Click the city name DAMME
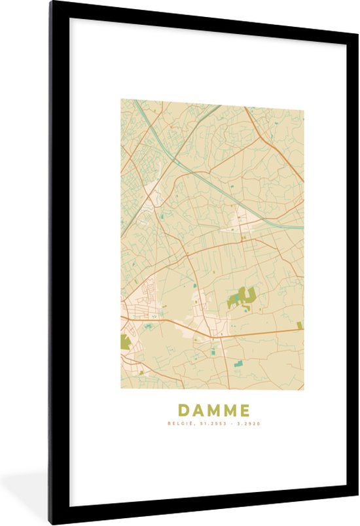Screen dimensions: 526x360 coord(213,410)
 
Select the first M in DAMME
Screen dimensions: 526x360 coord(213,410)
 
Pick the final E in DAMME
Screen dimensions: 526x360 coord(243,410)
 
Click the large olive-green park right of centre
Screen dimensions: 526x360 coord(244,298)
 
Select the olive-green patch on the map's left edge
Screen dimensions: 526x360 coord(126,341)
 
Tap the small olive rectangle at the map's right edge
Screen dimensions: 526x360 coord(300,325)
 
